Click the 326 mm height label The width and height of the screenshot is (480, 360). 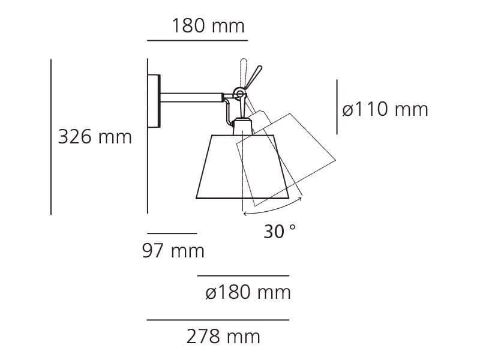point(95,137)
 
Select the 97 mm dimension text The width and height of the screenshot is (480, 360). point(173,250)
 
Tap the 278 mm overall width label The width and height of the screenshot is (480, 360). point(223,337)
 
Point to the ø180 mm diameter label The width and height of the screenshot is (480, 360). point(247,293)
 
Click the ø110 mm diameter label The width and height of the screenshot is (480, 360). point(385,109)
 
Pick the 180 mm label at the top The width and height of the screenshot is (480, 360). point(208,26)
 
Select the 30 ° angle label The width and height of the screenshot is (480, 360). point(280,231)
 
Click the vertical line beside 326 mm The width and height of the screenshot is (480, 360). point(51,137)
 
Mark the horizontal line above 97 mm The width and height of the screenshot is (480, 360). point(172,233)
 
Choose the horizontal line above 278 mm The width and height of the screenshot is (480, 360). point(218,320)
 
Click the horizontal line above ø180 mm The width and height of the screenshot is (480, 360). point(243,276)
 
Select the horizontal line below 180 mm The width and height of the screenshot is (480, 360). point(197,41)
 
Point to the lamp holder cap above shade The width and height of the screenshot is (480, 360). point(242,127)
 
